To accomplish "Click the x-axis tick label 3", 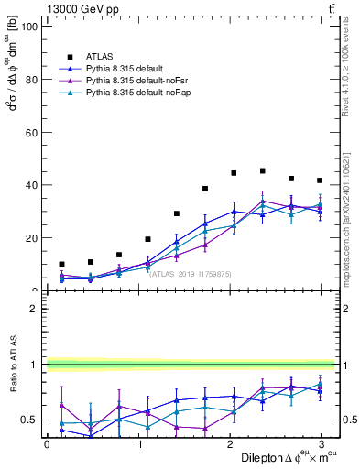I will tap(321, 443).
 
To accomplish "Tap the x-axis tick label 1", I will tap(138, 443).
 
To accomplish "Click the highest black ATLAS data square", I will tap(263, 171).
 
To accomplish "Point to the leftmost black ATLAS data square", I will tap(61, 264).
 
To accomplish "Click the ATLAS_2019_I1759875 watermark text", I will tap(189, 273).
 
